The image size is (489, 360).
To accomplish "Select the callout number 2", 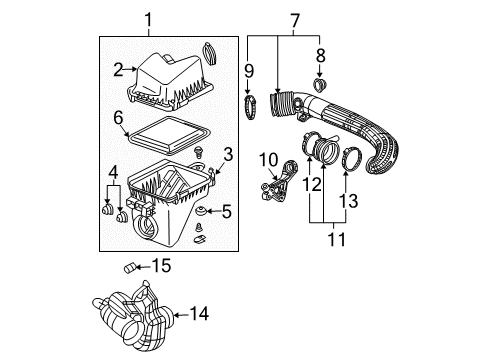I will [x=118, y=69].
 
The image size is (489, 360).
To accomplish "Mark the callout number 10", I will [x=320, y=55].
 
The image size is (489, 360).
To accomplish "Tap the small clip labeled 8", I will [x=319, y=87].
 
